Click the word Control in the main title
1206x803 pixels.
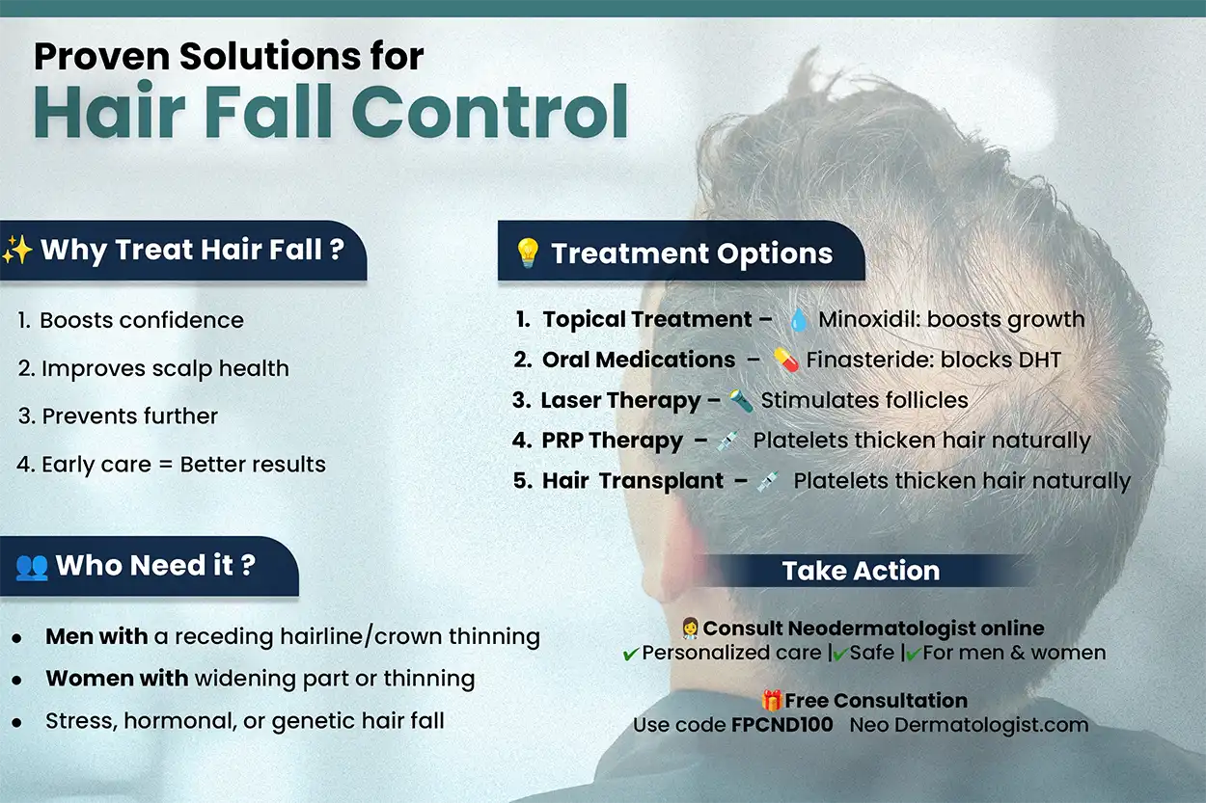(497, 113)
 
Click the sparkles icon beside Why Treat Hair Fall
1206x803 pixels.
(17, 251)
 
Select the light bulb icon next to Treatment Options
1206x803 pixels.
(527, 253)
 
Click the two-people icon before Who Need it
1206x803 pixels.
(32, 566)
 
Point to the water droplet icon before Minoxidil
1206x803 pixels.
(798, 320)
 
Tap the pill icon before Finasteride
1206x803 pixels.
(785, 361)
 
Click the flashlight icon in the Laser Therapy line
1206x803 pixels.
(740, 400)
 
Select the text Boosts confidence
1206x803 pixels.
(141, 320)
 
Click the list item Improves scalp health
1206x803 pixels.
(164, 368)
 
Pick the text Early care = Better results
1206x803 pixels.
(183, 465)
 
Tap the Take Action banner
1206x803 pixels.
(861, 571)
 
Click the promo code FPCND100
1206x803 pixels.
(781, 725)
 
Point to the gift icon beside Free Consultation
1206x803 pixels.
(771, 701)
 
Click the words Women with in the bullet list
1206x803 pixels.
(117, 679)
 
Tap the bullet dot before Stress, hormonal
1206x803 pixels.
(16, 722)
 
